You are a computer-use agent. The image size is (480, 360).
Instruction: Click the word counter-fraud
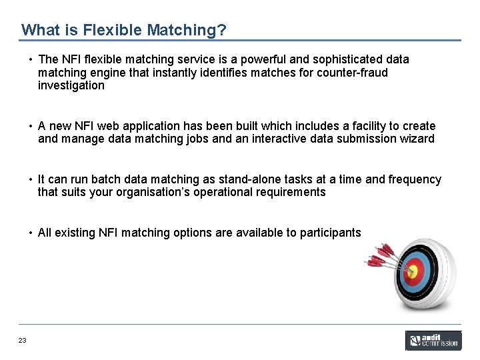pyautogui.click(x=355, y=72)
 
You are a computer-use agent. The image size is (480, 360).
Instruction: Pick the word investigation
pyautogui.click(x=71, y=85)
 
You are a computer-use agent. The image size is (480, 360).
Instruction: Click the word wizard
pyautogui.click(x=417, y=139)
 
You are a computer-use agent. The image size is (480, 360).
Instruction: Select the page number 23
pyautogui.click(x=23, y=341)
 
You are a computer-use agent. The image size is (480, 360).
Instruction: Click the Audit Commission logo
pyautogui.click(x=433, y=341)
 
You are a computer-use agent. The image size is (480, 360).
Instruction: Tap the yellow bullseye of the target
pyautogui.click(x=413, y=271)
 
